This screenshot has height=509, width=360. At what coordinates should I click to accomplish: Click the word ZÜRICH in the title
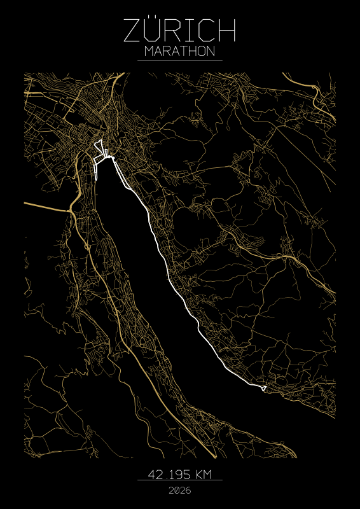click(180, 31)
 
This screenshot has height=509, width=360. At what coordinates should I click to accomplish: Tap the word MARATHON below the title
click(180, 51)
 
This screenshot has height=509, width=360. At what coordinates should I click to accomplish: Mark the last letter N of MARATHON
click(211, 51)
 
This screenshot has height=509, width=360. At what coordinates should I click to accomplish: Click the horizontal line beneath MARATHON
click(180, 60)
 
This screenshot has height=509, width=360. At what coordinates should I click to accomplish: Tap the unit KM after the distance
click(204, 474)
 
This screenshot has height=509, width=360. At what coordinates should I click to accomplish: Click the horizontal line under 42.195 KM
click(180, 480)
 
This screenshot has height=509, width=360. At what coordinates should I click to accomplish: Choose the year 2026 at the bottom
click(180, 491)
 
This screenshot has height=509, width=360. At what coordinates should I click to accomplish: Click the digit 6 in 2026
click(188, 491)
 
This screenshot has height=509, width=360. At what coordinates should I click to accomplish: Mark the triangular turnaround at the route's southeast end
click(263, 386)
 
